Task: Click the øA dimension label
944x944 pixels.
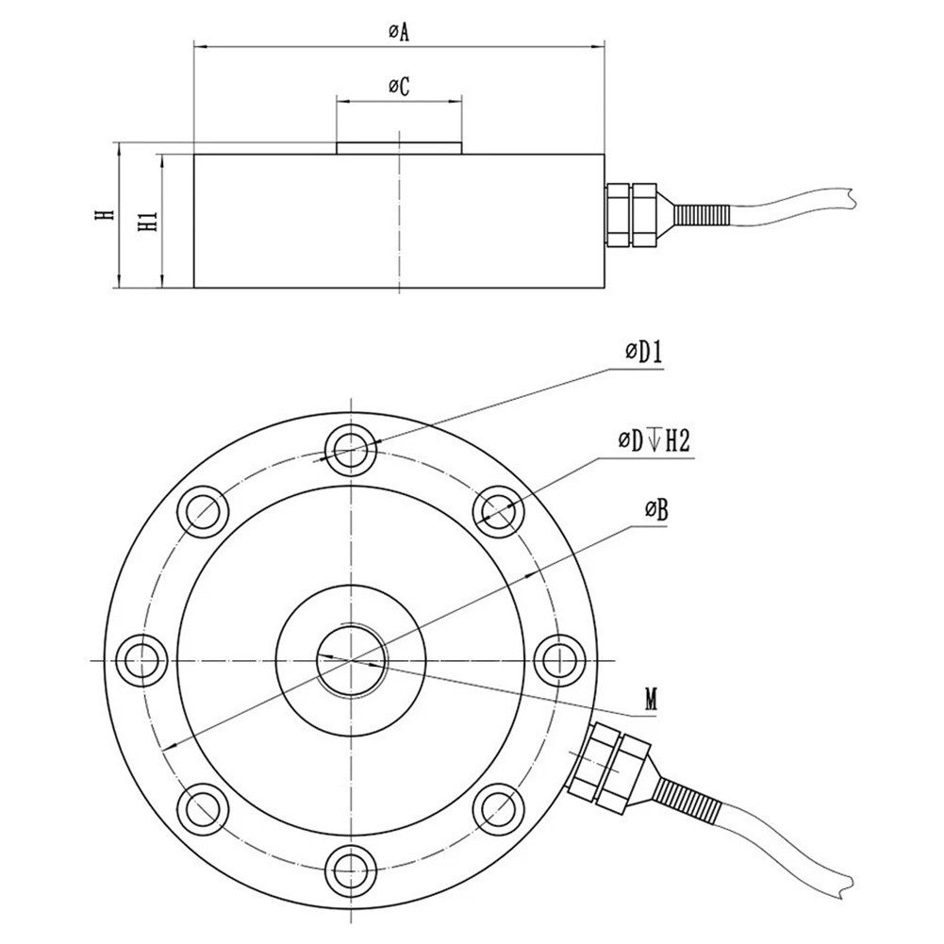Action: tap(398, 32)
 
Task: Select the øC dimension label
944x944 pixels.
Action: tap(398, 87)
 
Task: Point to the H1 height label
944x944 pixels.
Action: tap(146, 222)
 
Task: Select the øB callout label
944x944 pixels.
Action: tap(656, 511)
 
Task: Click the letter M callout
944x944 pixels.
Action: tap(651, 699)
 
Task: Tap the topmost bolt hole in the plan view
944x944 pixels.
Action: tap(350, 446)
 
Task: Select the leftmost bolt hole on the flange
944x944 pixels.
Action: tap(141, 654)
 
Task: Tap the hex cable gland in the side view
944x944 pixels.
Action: tap(629, 214)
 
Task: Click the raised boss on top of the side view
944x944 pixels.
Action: tap(398, 148)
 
